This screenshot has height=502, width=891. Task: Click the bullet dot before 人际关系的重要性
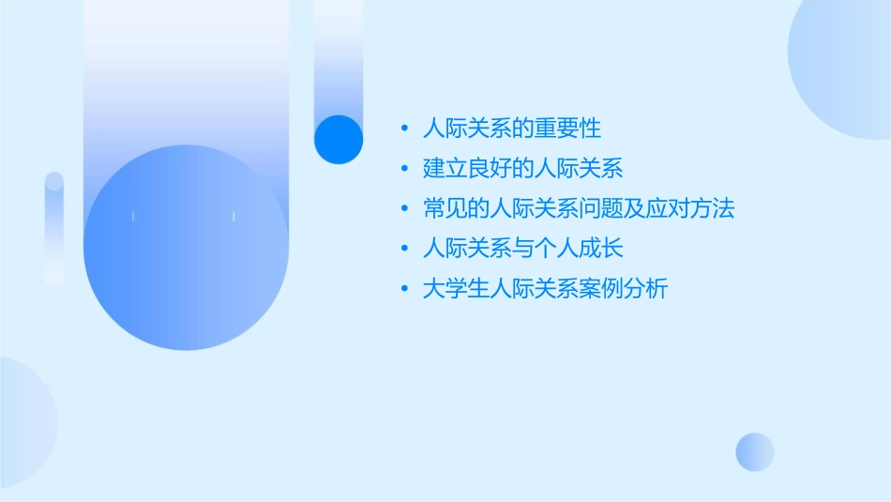tap(403, 128)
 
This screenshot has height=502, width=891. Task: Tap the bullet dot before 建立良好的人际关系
tap(403, 169)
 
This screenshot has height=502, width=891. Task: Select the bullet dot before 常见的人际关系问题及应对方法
tap(403, 209)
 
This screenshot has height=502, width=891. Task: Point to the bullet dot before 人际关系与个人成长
tap(403, 250)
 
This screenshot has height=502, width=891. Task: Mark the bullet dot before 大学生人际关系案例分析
tap(403, 290)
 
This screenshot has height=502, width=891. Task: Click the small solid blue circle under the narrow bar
tap(339, 139)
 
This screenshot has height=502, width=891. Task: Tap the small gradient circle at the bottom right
tap(755, 451)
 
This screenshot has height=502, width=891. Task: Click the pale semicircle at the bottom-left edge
tap(23, 422)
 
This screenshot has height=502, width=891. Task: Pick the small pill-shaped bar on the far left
tap(54, 228)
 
